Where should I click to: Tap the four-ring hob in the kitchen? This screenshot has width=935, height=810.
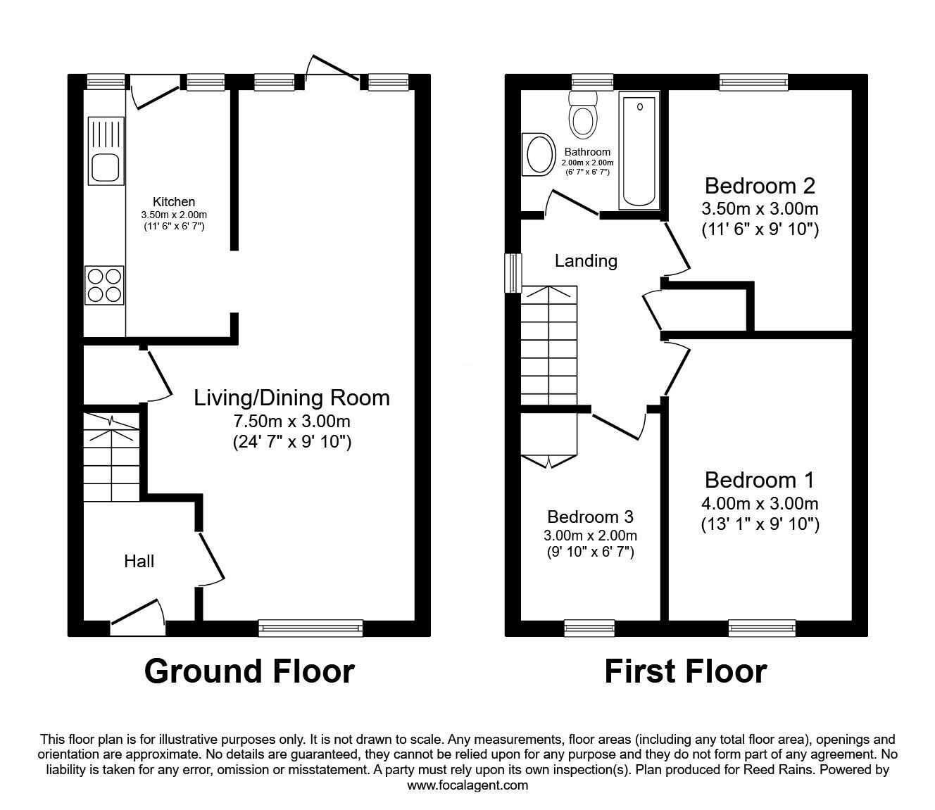tap(104, 285)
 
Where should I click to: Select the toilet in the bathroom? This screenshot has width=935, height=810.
tap(583, 116)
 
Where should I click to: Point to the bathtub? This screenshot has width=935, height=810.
tap(639, 152)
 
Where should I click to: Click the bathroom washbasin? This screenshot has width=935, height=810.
tap(539, 154)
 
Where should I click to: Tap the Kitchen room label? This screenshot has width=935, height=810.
tap(173, 202)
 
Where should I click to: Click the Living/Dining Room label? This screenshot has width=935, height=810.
tap(291, 398)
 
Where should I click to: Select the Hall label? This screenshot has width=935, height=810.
tap(139, 561)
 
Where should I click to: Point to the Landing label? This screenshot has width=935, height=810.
tap(586, 261)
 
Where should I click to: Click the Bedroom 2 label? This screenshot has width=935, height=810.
tap(760, 186)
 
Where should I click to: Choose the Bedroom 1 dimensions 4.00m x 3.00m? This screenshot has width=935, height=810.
tap(760, 503)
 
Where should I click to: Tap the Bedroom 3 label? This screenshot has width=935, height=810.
tap(590, 517)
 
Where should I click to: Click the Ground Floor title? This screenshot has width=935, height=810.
tap(249, 671)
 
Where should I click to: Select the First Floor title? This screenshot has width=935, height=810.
tap(685, 671)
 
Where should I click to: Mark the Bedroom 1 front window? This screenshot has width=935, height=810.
tap(762, 627)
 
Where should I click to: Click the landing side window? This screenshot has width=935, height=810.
tap(514, 272)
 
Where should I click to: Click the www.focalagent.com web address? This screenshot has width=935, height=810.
tap(467, 785)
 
